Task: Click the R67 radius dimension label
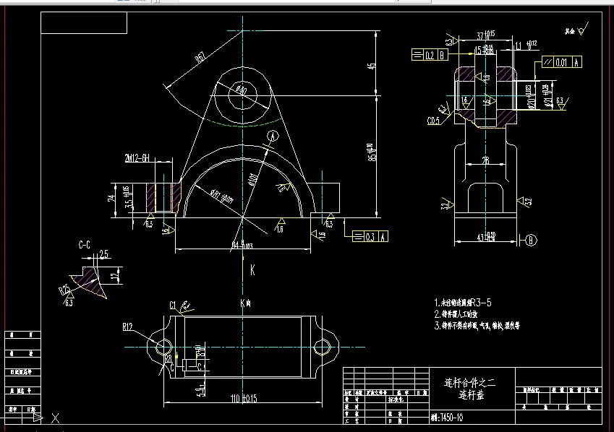pos(200,58)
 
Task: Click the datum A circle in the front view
pos(272,135)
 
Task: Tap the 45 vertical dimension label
pos(372,66)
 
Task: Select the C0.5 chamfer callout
pos(434,120)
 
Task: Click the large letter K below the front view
pos(252,270)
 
